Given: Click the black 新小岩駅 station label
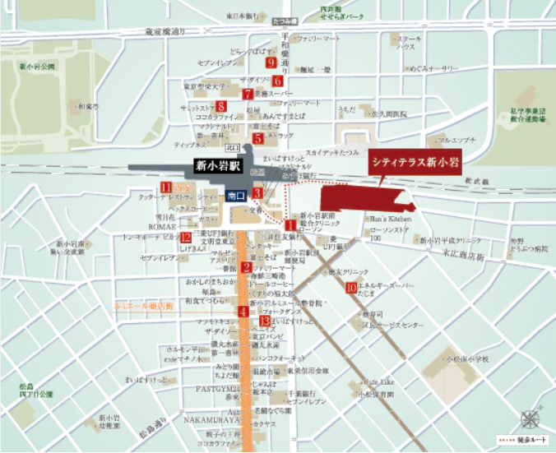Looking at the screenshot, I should [214, 165].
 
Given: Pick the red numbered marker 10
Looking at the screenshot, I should [351, 288].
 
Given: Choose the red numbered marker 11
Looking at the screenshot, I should [165, 187].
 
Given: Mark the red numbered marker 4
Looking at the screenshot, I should [243, 312].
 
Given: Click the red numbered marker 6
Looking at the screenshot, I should [277, 81].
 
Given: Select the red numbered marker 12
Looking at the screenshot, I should [186, 238].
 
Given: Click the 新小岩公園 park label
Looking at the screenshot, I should [37, 66].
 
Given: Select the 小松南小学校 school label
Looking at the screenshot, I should [467, 359].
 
